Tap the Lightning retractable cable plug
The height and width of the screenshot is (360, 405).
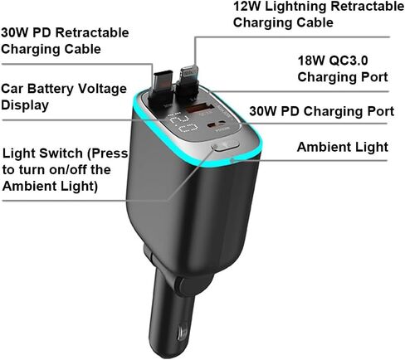point(188,81)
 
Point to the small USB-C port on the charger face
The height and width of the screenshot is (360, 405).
point(219,124)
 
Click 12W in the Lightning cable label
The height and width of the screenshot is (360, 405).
point(247,7)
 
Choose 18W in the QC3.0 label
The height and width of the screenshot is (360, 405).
point(310,61)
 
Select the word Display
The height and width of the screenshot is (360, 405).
point(25,105)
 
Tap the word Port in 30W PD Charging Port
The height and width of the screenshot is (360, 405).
point(380,111)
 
